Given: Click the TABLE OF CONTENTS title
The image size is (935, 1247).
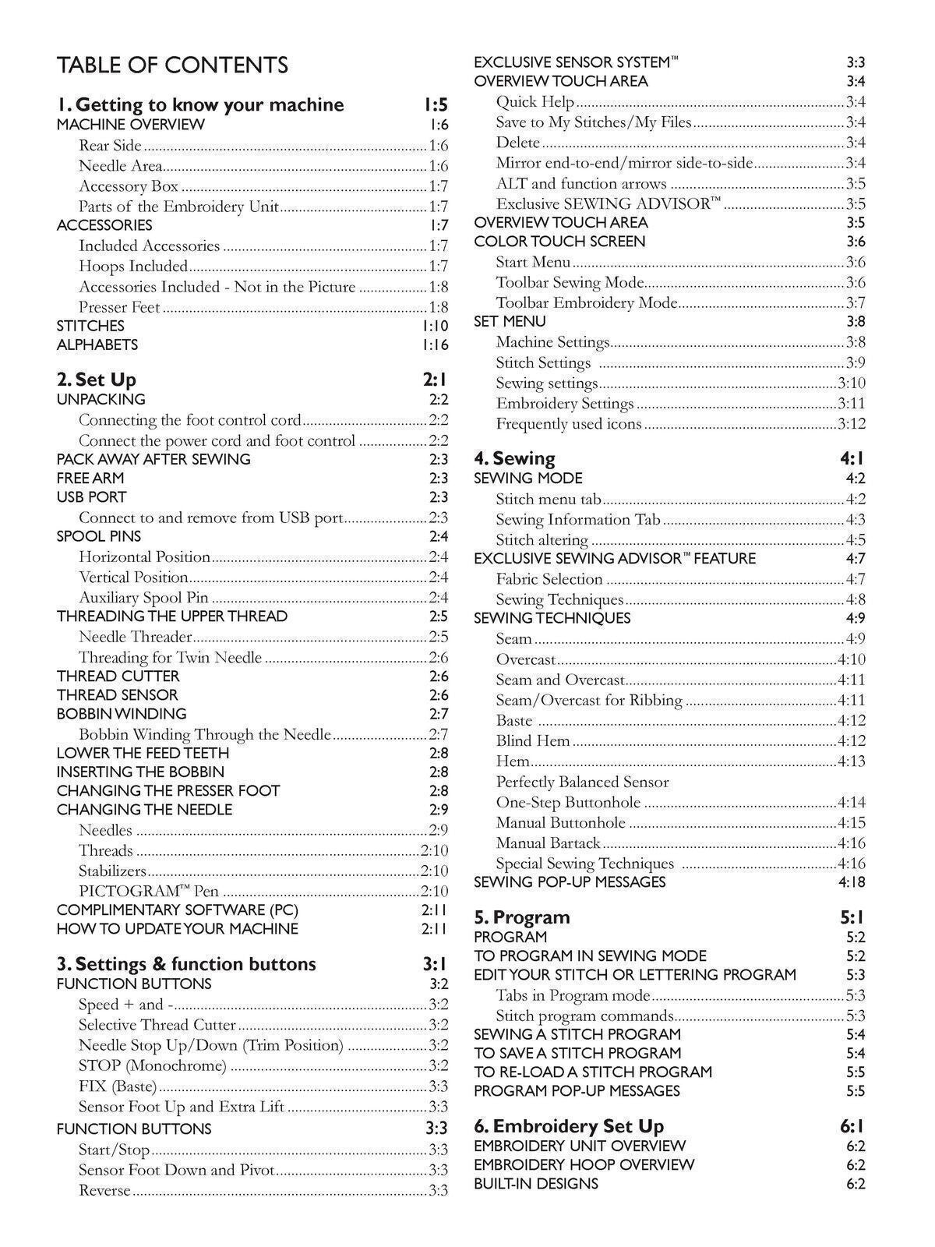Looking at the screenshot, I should pos(172,65).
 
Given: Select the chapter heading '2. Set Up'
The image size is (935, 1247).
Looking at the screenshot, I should pos(97,380).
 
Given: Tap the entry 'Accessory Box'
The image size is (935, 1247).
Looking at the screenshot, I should pos(129,186).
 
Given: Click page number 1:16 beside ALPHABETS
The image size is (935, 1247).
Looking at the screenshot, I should pos(435,344).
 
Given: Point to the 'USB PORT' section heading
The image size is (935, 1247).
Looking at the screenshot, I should pos(91,497).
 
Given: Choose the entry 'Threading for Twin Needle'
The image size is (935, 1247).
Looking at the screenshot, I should pos(170,657).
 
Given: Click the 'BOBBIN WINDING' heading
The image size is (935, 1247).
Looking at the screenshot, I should pos(122,714).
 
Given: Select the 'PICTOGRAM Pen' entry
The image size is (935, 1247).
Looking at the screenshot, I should pos(149,891).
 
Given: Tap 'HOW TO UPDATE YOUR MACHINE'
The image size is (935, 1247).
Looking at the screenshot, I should pos(177,929).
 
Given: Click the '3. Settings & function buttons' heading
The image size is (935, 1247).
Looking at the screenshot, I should pos(186,964).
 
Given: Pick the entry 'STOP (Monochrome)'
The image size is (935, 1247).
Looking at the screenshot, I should pos(153,1065).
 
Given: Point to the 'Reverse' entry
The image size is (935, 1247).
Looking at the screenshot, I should pos(104,1190).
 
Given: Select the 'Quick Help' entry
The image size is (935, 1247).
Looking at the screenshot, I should pos(535,102).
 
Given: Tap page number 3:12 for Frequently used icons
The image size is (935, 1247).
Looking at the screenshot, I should pos(851,424).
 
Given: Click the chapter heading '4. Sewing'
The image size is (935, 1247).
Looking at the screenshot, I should pos(514,458).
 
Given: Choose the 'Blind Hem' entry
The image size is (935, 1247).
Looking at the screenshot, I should pos(533,741).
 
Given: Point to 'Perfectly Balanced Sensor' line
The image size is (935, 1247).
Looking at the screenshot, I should pos(582,782).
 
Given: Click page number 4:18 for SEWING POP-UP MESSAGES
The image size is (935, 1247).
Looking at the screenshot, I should pos(851,882).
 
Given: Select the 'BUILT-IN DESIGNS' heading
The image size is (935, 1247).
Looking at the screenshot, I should pos(536,1184).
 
